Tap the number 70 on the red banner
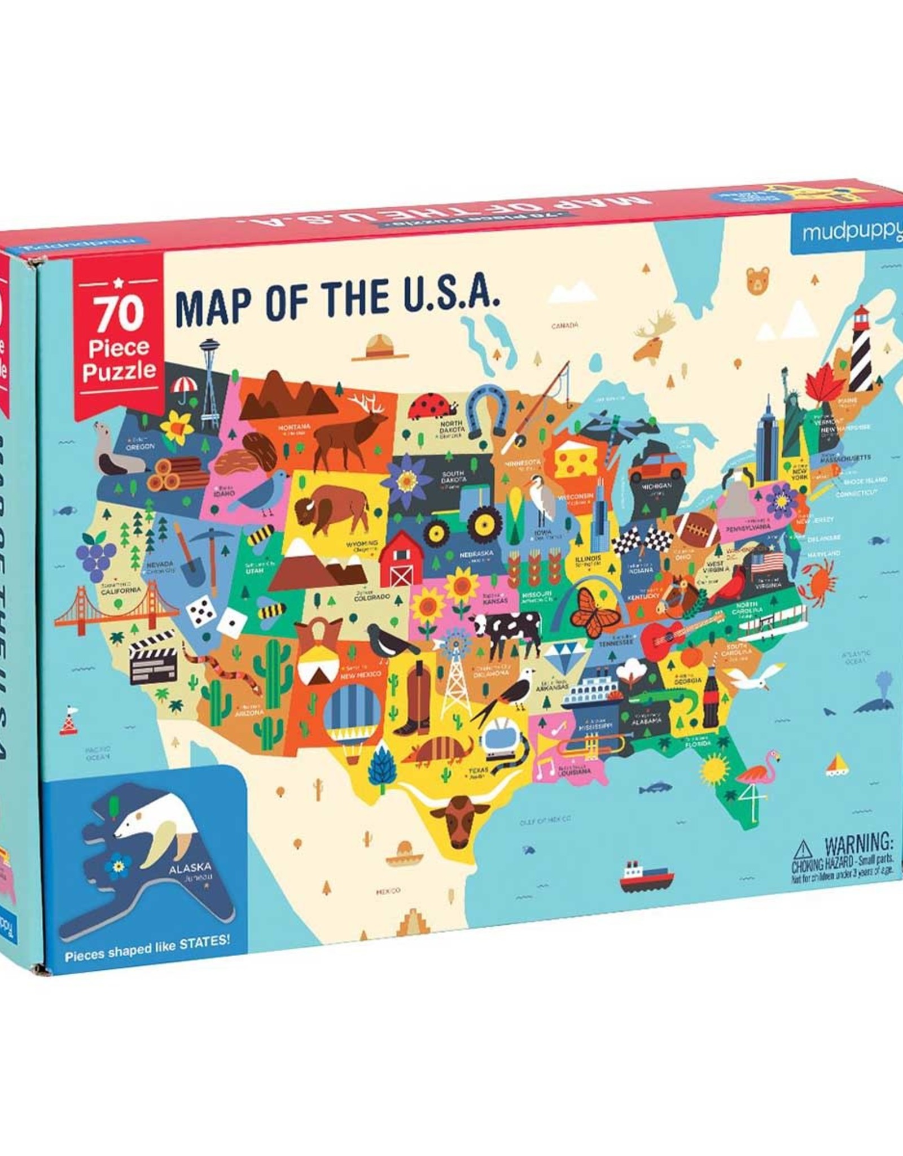[119, 314]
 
